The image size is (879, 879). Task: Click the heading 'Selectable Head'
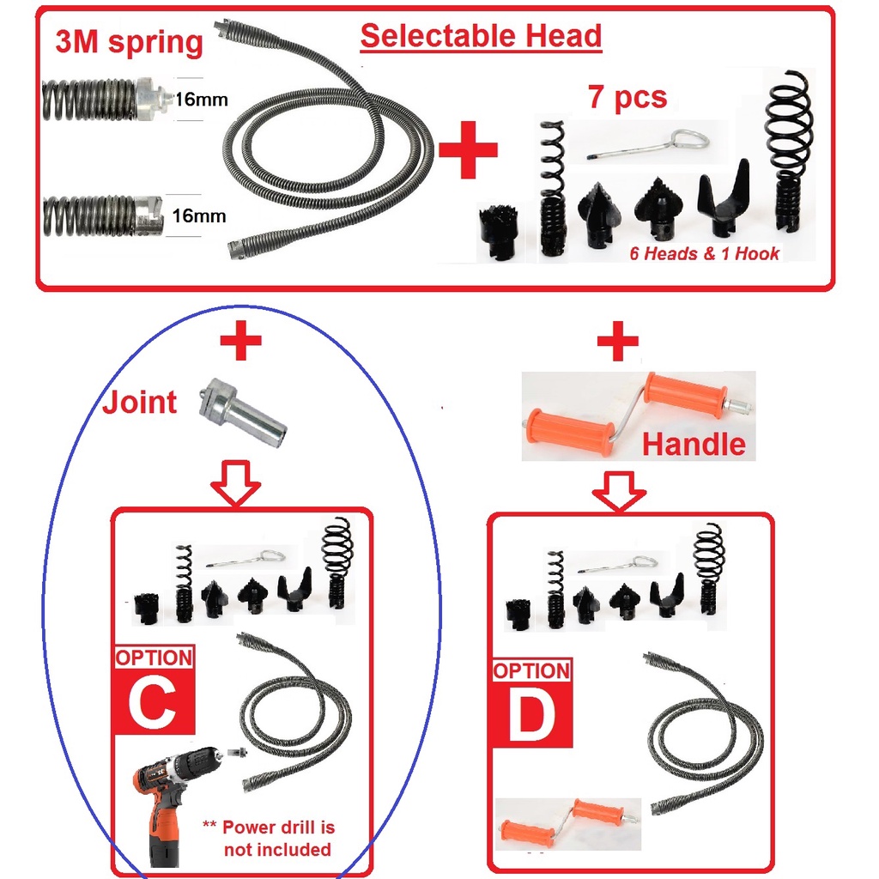pos(481,36)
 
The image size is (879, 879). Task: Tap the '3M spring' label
pos(129,42)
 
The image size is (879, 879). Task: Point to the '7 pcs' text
pos(627,97)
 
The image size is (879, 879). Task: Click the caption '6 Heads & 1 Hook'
pos(704,253)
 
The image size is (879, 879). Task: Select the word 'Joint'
pos(140,402)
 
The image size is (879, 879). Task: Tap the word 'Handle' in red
pos(694,444)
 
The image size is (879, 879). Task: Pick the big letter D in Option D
pos(530,715)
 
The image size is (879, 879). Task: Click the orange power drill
pos(173,802)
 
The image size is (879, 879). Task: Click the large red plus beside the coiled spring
pos(468,149)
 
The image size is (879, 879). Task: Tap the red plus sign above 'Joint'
pos(240,340)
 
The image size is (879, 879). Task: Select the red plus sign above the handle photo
pos(618,341)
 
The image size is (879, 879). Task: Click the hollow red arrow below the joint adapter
pos(235,484)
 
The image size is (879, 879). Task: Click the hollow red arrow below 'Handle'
pos(619,491)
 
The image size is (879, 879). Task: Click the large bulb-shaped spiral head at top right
pos(790,151)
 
